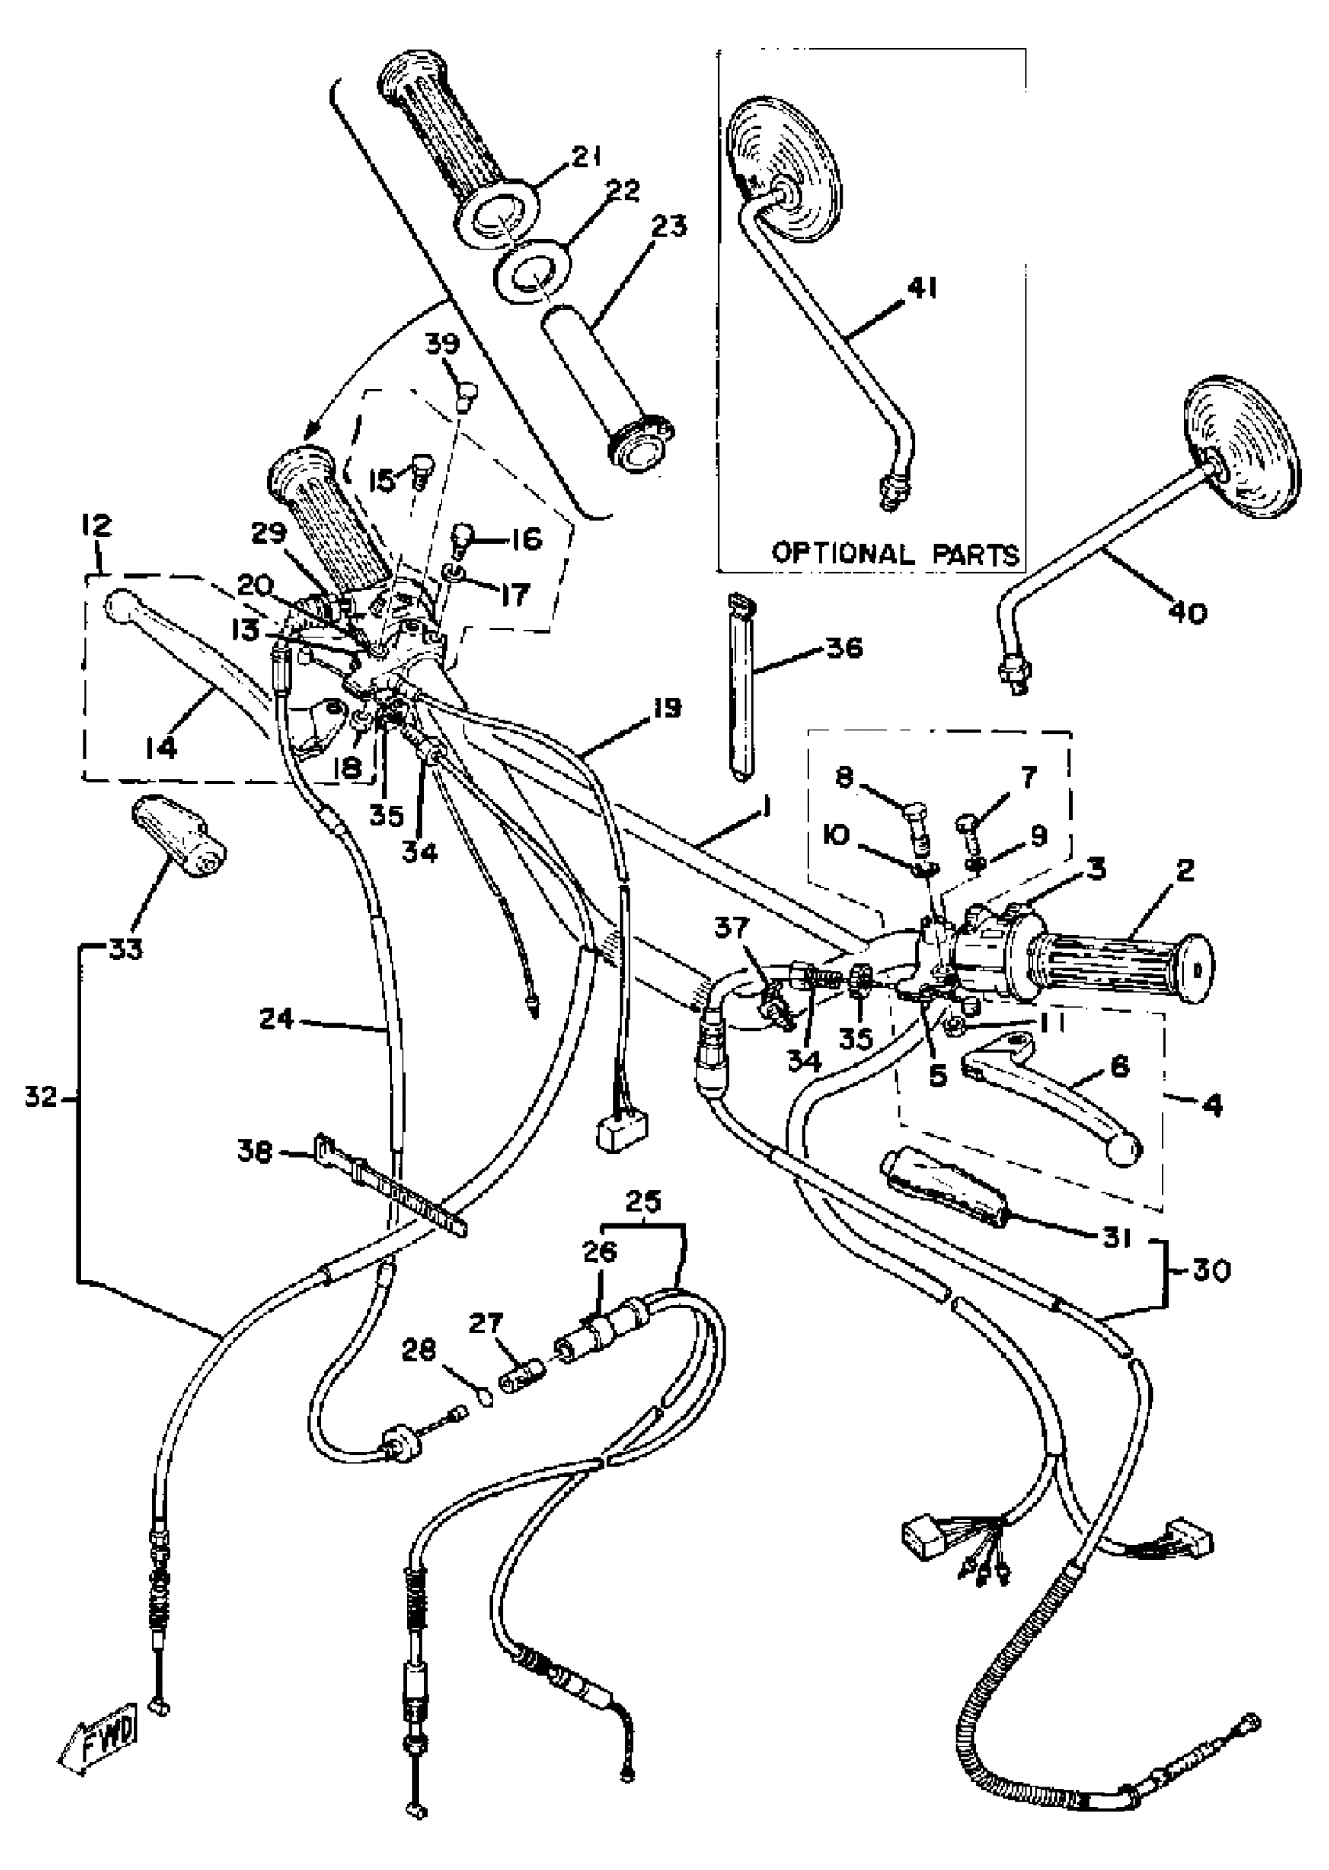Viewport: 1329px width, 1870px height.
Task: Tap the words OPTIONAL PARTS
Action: [x=896, y=554]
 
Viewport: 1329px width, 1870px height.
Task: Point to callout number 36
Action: [x=844, y=648]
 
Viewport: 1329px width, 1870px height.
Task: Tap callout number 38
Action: [x=256, y=1152]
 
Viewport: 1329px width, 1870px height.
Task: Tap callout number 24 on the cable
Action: [x=277, y=1020]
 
